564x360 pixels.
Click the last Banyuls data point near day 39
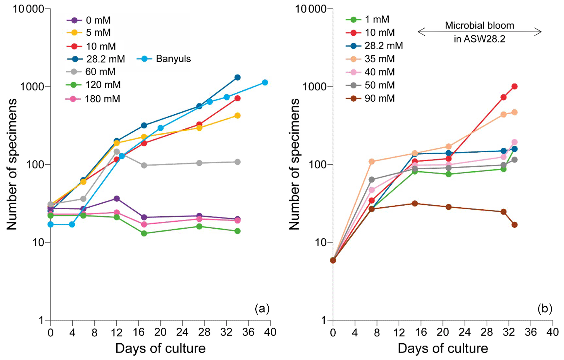coord(265,83)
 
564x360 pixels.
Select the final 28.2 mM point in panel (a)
coord(238,78)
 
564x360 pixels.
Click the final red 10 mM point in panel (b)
coord(515,86)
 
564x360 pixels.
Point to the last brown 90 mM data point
coord(515,225)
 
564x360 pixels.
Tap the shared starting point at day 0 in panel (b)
coord(333,260)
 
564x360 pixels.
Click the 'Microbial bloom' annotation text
coord(479,26)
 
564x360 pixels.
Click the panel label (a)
coord(262,309)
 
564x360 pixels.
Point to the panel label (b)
coord(545,309)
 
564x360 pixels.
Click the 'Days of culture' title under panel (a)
coord(160,348)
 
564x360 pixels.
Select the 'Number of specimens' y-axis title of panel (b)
coord(294,164)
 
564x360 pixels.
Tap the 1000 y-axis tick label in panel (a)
coord(32,87)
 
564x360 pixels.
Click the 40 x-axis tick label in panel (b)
coord(553,332)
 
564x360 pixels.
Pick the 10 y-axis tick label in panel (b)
coord(321,242)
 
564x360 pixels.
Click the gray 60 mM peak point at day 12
coord(117,151)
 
